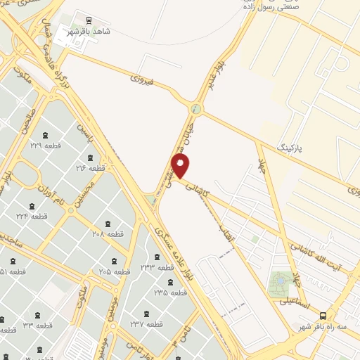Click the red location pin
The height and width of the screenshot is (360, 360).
point(181,166)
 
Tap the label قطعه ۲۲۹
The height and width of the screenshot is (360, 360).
point(46,146)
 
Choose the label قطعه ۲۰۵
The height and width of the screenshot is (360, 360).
point(115,271)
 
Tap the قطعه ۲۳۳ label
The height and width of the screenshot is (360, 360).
point(156,268)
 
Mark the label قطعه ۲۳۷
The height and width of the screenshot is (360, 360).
point(146,324)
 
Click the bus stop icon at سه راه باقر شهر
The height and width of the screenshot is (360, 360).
point(323,316)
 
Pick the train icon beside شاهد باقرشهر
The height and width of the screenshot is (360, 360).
point(88,21)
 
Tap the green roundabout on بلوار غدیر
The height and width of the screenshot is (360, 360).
point(195,109)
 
